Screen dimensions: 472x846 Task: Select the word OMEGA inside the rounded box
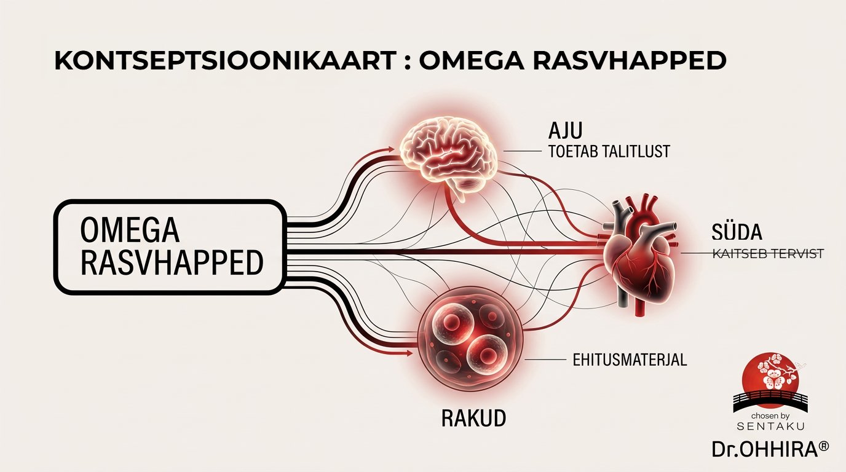[130, 230]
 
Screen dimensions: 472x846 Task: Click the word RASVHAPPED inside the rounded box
[172, 262]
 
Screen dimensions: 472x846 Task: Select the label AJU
[566, 132]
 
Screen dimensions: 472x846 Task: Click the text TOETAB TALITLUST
[608, 152]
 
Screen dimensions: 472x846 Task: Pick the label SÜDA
[735, 232]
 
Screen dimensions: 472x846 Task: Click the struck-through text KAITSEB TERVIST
[767, 253]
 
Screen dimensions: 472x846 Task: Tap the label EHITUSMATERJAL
[630, 360]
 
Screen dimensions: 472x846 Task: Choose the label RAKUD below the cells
[473, 419]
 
